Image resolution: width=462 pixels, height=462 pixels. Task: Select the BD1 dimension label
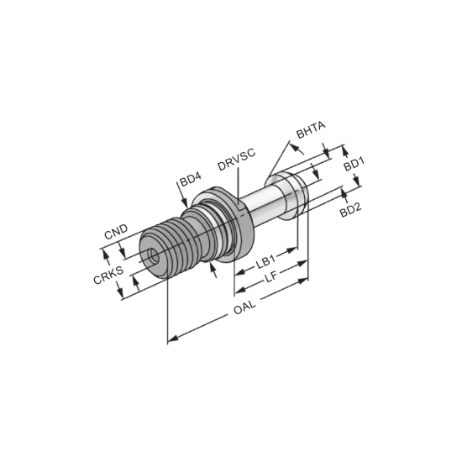(354, 164)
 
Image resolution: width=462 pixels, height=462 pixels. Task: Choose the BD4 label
(190, 180)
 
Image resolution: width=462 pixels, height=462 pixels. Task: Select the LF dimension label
(270, 277)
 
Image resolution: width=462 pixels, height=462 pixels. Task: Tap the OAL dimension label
(244, 307)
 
